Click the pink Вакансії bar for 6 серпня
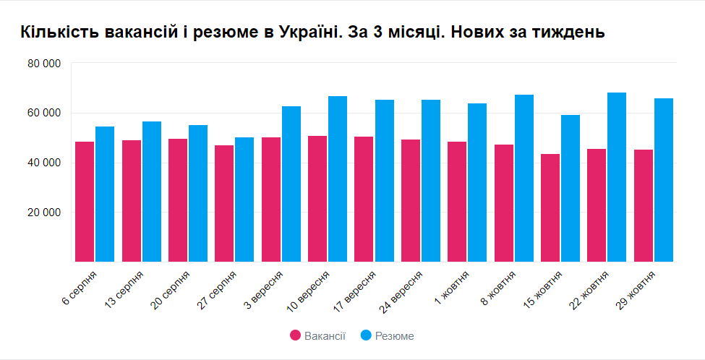pos(85,202)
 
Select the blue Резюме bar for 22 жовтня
pos(617,177)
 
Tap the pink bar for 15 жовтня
pos(550,207)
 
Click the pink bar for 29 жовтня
pos(643,205)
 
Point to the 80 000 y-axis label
pos(44,64)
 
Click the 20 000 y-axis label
pos(44,213)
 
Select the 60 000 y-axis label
pos(44,113)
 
